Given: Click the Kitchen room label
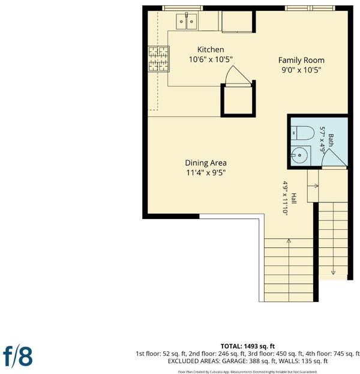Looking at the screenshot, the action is tap(211, 50).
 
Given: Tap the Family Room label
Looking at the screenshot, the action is tap(301, 60).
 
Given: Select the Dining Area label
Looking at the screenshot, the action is tap(206, 163).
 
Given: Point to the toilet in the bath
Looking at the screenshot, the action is tap(302, 133).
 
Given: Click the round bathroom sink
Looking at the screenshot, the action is tap(299, 155).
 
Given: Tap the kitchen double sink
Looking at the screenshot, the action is tap(187, 21).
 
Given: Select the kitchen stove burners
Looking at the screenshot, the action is tap(158, 59).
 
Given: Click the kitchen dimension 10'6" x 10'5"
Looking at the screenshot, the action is tap(211, 59).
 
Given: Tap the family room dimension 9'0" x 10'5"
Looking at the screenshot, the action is tap(301, 70).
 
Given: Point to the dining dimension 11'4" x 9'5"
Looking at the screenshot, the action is tap(206, 172).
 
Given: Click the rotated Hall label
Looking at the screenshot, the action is tap(294, 198).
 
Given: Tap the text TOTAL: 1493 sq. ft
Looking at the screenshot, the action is tap(247, 346).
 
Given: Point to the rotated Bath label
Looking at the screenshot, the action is tap(331, 140).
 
